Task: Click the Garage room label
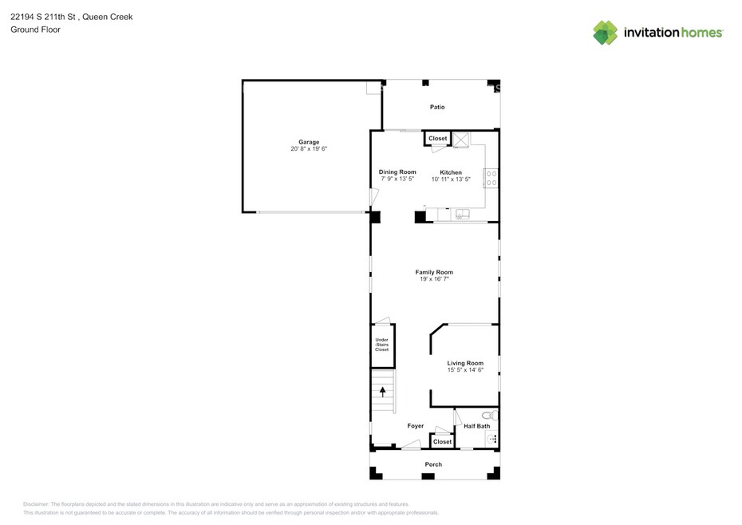(x=309, y=142)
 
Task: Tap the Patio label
(x=437, y=107)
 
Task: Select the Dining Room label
(x=397, y=172)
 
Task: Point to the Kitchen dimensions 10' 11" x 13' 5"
(x=451, y=180)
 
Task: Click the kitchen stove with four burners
(x=491, y=178)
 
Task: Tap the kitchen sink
(x=462, y=214)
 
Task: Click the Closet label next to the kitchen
(x=438, y=139)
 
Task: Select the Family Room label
(x=434, y=272)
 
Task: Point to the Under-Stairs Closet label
(x=382, y=345)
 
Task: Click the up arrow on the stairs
(x=382, y=392)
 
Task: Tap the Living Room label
(x=465, y=363)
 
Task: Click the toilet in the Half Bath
(x=491, y=416)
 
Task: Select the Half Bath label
(x=476, y=426)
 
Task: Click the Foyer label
(x=416, y=426)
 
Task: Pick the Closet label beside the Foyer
(x=443, y=442)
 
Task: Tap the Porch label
(x=433, y=464)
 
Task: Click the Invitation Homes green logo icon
(x=606, y=33)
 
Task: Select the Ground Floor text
(x=35, y=30)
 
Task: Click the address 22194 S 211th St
(x=43, y=17)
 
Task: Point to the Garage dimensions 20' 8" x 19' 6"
(x=309, y=148)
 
